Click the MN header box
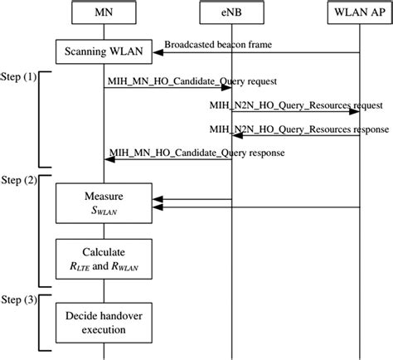click(x=103, y=13)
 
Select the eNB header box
click(x=231, y=13)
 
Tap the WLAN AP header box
click(x=359, y=13)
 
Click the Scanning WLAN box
click(x=103, y=53)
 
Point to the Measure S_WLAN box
click(x=103, y=204)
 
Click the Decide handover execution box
click(x=103, y=321)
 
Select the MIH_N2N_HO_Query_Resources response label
click(x=296, y=129)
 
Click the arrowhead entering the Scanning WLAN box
click(x=156, y=53)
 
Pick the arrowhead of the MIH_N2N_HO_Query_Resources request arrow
click(x=355, y=114)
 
